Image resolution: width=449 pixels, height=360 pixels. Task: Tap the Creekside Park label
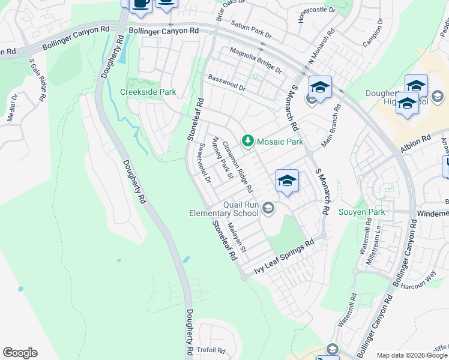point(148,92)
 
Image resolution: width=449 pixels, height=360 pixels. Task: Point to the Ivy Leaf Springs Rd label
point(285,257)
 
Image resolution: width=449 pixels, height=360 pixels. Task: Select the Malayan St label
point(237,236)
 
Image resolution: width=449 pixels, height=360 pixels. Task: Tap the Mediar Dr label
point(12,107)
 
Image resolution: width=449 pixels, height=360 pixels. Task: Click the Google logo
point(20,353)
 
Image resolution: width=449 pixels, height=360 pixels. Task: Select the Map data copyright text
point(412,355)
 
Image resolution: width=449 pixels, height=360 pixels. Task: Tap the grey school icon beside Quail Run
point(268,208)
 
